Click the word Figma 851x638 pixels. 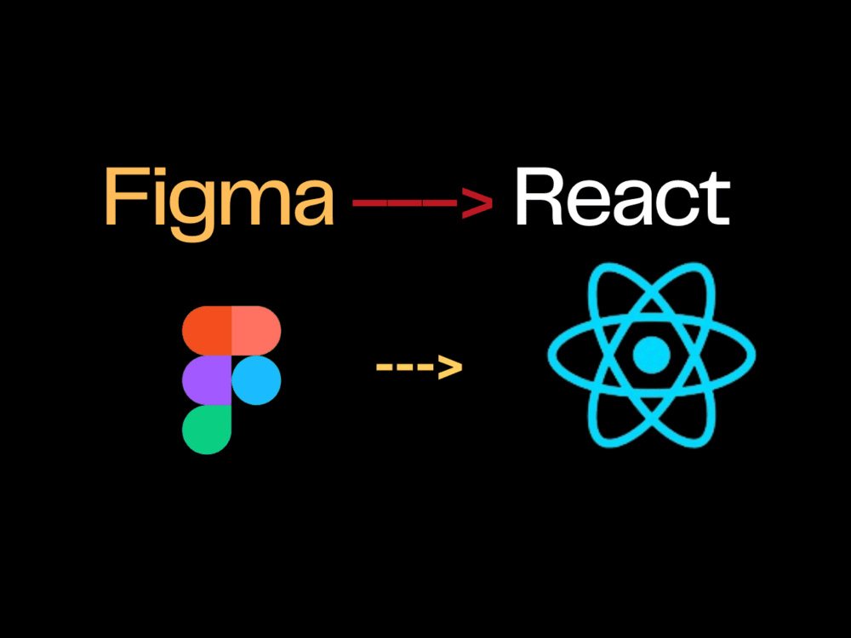tap(219, 198)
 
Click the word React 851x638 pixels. tap(621, 198)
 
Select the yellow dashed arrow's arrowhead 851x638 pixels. tap(450, 367)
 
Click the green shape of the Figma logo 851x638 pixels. tap(207, 430)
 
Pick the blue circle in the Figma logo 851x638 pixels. tap(256, 380)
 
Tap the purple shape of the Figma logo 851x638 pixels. tap(207, 380)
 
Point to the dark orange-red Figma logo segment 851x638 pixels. tap(207, 331)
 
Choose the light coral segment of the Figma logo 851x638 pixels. tap(256, 331)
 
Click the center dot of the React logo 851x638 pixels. tap(652, 355)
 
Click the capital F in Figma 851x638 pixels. tap(123, 198)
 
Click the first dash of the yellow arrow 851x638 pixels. tap(386, 367)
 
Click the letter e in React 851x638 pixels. tap(586, 205)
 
